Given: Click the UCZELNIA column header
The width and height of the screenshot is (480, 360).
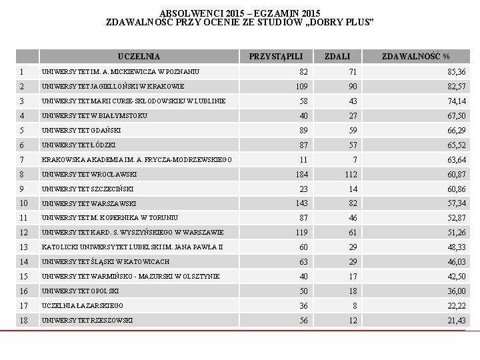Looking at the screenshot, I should (x=139, y=57).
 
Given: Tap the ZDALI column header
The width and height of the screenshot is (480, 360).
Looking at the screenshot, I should (x=337, y=57).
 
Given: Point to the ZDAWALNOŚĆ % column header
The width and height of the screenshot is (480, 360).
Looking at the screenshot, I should (x=415, y=57).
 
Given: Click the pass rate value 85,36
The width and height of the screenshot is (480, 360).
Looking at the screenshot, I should (x=457, y=72).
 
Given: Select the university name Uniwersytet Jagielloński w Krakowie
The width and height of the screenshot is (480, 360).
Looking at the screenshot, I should (x=113, y=87).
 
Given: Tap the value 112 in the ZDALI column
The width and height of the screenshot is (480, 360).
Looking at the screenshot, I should (x=351, y=174).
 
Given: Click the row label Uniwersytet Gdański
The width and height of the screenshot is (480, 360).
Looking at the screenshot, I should (x=83, y=130).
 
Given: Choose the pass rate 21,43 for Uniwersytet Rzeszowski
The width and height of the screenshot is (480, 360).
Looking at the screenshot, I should (x=457, y=321).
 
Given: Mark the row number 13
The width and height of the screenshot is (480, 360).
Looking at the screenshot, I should (x=24, y=247).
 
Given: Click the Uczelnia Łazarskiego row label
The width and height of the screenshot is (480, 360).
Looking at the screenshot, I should (x=82, y=305).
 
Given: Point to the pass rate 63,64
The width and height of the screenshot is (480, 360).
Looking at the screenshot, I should (x=457, y=159).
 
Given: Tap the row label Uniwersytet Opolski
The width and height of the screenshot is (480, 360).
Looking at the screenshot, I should (x=80, y=291).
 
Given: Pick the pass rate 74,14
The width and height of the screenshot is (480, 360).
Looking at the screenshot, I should (x=457, y=101).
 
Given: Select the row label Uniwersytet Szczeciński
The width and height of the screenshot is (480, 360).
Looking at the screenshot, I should (x=87, y=189).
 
